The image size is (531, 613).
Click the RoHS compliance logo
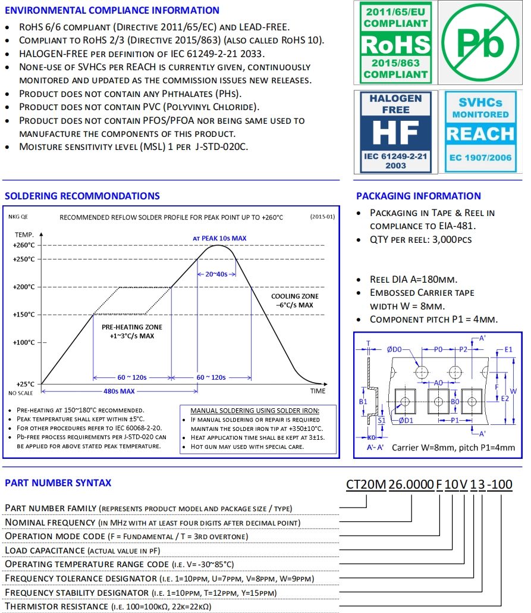point(396,43)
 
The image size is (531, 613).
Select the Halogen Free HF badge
point(396,132)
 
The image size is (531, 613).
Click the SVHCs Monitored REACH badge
point(480,132)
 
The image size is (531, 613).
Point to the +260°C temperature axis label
point(23,245)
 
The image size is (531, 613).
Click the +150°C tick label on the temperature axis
point(23,314)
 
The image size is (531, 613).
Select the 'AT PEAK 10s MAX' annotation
point(219,238)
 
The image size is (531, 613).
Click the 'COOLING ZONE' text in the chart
point(294,296)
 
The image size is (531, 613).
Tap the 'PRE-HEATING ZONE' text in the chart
point(131,327)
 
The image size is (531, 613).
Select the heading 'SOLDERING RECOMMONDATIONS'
point(82,196)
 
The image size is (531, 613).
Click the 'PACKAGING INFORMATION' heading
point(419,196)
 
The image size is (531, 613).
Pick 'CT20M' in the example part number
point(366,484)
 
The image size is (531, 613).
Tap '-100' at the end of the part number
point(499,484)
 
